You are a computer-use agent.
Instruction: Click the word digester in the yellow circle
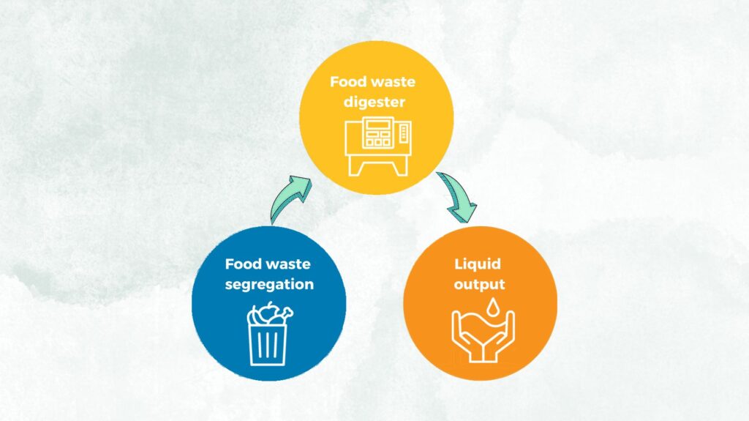(x=374, y=103)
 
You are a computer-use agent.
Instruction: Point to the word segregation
(x=269, y=285)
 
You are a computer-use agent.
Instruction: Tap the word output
(x=479, y=285)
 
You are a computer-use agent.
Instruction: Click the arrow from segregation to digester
(x=288, y=196)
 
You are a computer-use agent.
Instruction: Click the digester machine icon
(x=378, y=146)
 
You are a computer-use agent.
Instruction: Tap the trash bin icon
(x=268, y=334)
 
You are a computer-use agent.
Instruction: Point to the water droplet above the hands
(x=492, y=307)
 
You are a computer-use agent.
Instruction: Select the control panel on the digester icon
(x=377, y=133)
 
